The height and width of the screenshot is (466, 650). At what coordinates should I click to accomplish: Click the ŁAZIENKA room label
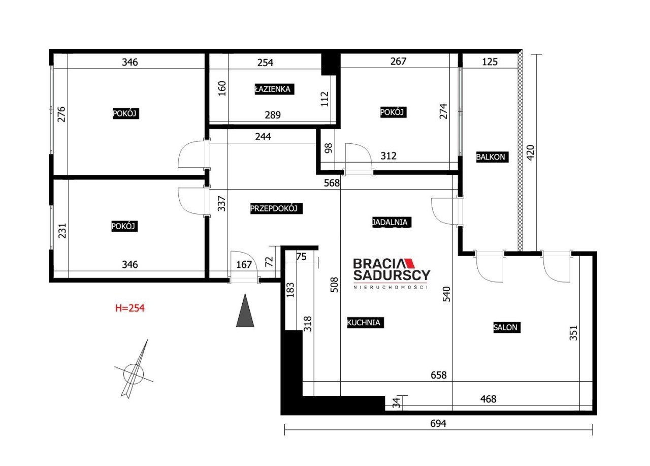pos(274,89)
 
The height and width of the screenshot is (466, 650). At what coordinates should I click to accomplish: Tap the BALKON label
pos(492,157)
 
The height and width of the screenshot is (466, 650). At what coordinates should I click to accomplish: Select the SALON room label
pos(507,327)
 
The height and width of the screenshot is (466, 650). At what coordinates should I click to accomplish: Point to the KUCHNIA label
pos(365,323)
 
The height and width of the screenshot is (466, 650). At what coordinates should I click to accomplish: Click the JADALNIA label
pos(392,222)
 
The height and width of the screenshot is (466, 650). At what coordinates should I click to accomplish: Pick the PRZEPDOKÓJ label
pos(276,208)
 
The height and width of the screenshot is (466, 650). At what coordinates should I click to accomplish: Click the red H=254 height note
pos(129,308)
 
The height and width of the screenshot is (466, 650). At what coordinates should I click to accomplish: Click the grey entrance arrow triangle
pos(245,310)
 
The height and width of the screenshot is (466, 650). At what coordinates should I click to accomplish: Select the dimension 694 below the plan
pos(438,423)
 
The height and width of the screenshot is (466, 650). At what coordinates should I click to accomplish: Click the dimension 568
pos(332,183)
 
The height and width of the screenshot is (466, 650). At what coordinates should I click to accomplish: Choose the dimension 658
pos(438,375)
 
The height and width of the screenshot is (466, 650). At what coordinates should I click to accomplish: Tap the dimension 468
pos(488,399)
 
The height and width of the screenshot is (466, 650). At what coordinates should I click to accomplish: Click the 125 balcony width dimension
pos(490,61)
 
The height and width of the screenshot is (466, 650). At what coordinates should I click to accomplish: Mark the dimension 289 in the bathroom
pos(273,115)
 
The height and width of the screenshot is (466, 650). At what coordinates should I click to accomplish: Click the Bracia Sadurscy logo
pos(392,273)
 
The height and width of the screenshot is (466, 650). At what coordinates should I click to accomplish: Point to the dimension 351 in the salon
pos(573,333)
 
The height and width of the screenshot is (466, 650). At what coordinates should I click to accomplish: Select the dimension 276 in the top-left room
pos(61,114)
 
